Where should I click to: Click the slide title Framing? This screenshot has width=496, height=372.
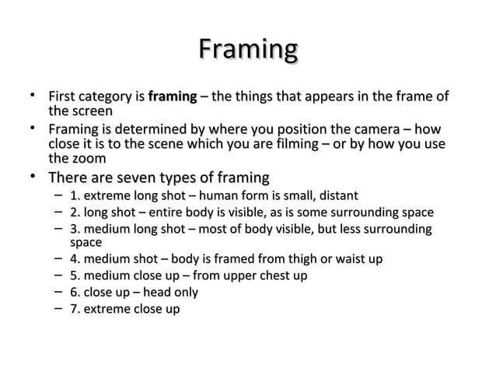tap(248, 51)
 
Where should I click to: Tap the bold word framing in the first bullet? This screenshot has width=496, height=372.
tap(171, 97)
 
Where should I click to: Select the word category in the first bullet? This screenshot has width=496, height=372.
tap(107, 97)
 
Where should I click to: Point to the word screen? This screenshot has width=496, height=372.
tap(92, 112)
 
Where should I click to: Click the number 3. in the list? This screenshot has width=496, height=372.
tap(75, 230)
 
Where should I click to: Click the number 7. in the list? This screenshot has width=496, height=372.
tap(75, 310)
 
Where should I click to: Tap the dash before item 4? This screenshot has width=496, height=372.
tap(59, 258)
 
